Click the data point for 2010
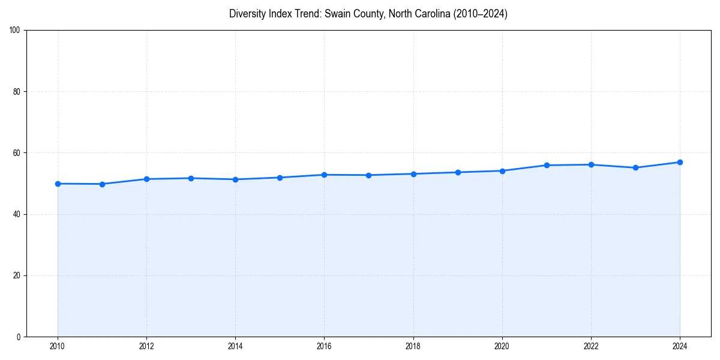click(x=58, y=184)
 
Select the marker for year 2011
click(x=102, y=184)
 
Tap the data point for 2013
click(x=191, y=178)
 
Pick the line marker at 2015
click(x=280, y=178)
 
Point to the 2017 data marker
click(x=368, y=175)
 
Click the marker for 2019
click(x=458, y=172)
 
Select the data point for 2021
click(x=547, y=165)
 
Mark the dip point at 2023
click(x=635, y=167)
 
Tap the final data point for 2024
click(x=680, y=162)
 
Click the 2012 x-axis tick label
click(x=146, y=346)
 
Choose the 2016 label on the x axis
click(x=324, y=346)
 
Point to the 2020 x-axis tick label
click(x=502, y=346)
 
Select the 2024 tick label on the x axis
click(x=680, y=346)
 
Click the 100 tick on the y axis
click(x=16, y=31)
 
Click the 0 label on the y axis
click(x=19, y=337)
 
